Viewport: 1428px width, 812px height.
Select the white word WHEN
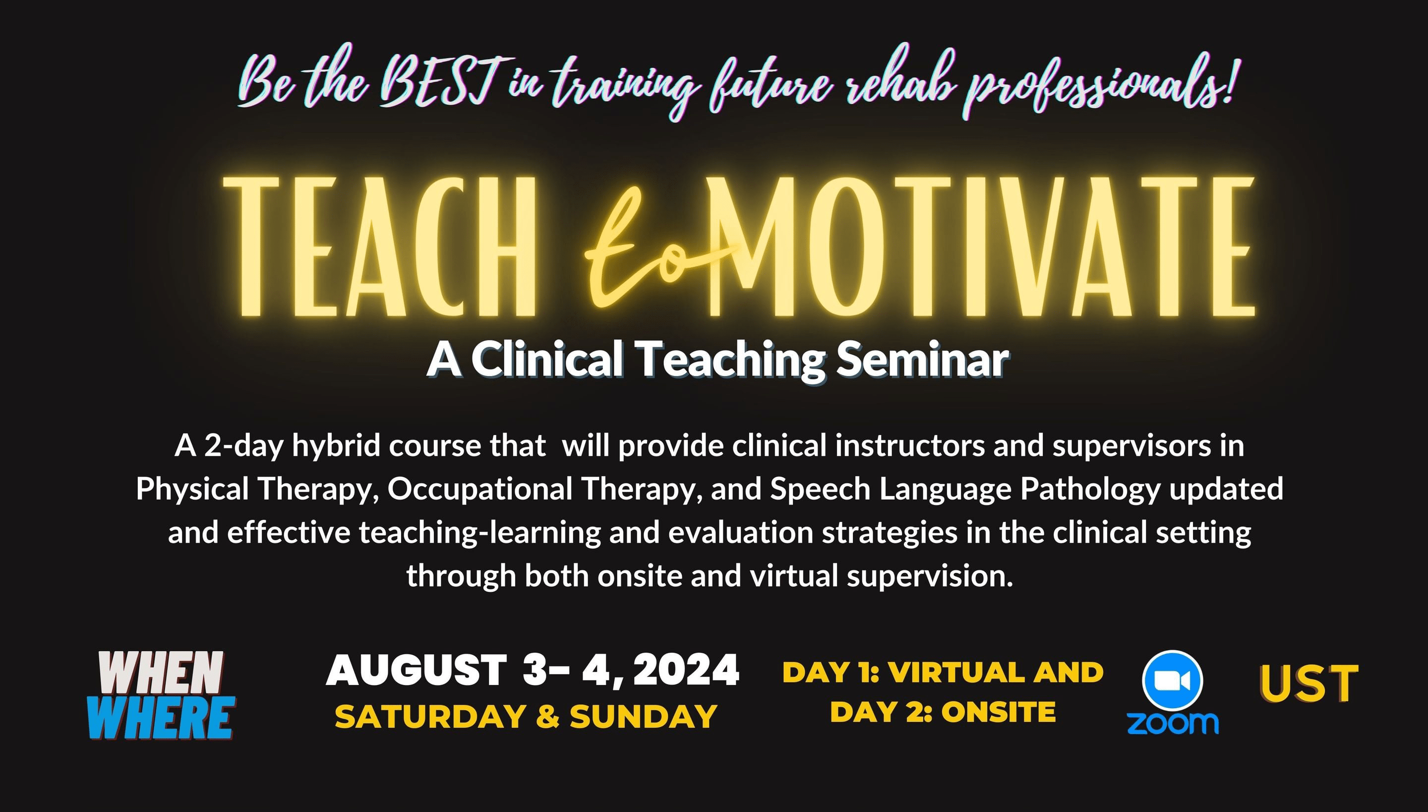coord(162,673)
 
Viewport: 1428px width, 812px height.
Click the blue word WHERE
coord(161,718)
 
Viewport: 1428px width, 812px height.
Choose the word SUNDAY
coord(643,717)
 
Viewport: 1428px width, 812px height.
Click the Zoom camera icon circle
coord(1172,681)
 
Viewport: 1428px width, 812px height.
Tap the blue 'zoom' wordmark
coord(1173,723)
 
